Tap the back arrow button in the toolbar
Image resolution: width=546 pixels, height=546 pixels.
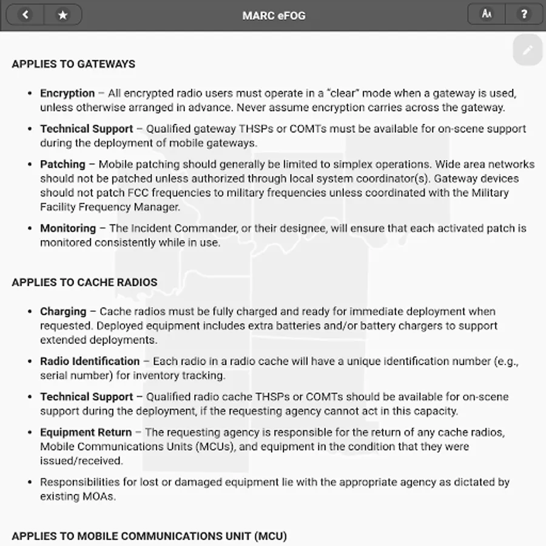(x=25, y=15)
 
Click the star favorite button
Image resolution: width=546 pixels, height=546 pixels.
(x=62, y=15)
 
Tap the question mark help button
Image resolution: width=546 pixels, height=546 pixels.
(x=524, y=15)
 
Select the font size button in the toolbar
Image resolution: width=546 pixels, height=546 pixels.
(x=487, y=15)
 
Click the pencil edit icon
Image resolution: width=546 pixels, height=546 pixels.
(x=527, y=50)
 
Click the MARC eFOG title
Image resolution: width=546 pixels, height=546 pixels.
(x=274, y=15)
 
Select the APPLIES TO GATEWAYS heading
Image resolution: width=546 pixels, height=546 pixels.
(x=73, y=64)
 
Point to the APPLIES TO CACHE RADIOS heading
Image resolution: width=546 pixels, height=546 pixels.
(x=84, y=282)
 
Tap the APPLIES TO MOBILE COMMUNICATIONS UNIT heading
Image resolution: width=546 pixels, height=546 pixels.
(x=149, y=536)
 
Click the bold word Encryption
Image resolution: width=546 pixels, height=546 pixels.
(x=67, y=93)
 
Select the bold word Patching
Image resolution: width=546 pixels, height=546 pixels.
(x=62, y=164)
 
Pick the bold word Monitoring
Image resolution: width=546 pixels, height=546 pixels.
(x=68, y=229)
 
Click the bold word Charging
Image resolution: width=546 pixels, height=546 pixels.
(x=63, y=312)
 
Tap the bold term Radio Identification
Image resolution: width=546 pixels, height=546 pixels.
(x=90, y=362)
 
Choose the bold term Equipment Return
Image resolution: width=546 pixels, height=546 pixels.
(x=86, y=433)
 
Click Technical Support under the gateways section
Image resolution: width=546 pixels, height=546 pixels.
(x=86, y=129)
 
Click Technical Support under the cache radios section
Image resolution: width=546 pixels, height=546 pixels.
(x=86, y=397)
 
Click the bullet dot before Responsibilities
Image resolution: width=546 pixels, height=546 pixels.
(x=30, y=483)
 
